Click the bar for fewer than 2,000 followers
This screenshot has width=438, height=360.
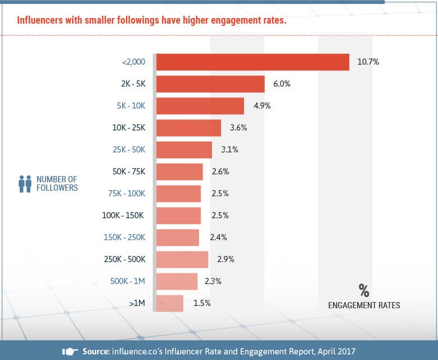[252, 62]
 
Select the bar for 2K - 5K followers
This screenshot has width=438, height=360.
[210, 84]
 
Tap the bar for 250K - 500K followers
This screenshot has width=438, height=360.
[182, 259]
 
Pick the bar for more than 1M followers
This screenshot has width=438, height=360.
[170, 303]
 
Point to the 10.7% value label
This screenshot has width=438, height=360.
[368, 62]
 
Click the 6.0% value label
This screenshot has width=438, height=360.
[282, 84]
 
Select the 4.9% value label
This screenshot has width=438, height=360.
[261, 106]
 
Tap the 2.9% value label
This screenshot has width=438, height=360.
[225, 259]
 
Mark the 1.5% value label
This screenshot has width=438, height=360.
[201, 303]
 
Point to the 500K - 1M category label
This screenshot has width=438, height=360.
[128, 281]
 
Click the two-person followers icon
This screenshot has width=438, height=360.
[25, 183]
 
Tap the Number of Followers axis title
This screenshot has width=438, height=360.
[57, 183]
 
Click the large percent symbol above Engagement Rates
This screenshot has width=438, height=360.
[364, 290]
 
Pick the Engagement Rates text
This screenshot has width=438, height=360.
[364, 305]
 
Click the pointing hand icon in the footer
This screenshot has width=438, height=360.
[69, 352]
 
